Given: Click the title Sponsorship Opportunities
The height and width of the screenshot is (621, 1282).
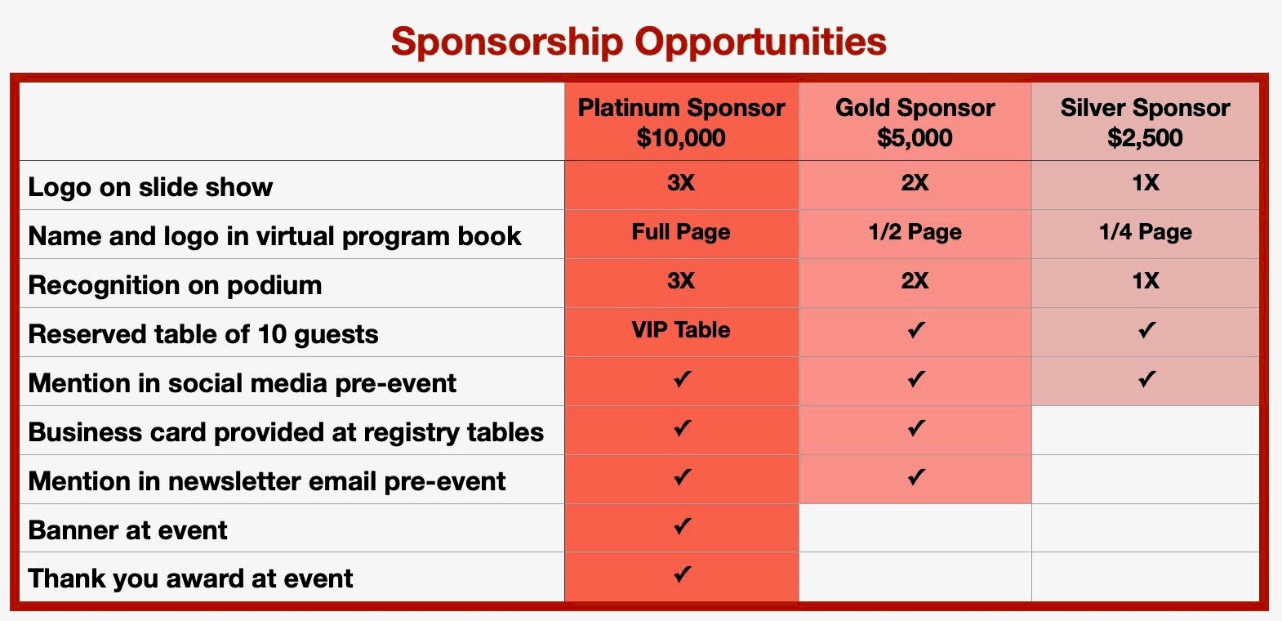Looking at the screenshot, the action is pos(639,42).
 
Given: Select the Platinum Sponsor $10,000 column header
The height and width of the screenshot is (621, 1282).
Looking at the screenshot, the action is pos(681,122).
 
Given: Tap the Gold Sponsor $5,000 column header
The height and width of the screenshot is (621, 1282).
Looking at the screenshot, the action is pos(915,122).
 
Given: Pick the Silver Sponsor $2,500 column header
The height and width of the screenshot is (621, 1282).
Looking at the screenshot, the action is pos(1145,122).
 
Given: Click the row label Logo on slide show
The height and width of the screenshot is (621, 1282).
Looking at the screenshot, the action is pos(150,187).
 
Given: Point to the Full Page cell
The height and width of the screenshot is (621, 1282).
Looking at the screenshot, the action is pos(681,232).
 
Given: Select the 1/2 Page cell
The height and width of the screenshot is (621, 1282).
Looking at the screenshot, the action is pos(915,232).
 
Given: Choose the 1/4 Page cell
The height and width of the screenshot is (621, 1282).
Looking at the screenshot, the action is pos(1145,232).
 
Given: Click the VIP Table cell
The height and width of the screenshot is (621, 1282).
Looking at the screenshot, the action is pos(681,330).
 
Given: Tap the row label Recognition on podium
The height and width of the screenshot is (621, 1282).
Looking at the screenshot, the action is pos(175,285).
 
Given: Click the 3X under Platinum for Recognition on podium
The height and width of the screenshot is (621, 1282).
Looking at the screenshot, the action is pos(681,281).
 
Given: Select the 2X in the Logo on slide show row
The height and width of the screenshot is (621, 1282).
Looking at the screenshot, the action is pos(915,183).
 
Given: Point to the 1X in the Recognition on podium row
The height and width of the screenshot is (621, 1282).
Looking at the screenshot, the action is pos(1145,281).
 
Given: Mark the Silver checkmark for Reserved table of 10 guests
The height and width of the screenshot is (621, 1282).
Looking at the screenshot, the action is pos(1146,330).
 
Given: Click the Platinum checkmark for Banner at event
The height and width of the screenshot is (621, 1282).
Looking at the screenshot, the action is pos(682,526).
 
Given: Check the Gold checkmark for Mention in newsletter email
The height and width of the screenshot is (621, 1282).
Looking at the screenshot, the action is pos(916,476).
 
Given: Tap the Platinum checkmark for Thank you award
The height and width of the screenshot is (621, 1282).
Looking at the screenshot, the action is pos(682,574).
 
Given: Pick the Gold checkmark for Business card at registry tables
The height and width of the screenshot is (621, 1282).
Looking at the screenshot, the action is pos(916,428).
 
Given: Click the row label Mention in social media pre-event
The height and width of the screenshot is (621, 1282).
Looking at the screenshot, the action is pos(242,383).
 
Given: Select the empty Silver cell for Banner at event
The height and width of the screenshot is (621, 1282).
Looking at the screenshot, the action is pos(1145,528).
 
